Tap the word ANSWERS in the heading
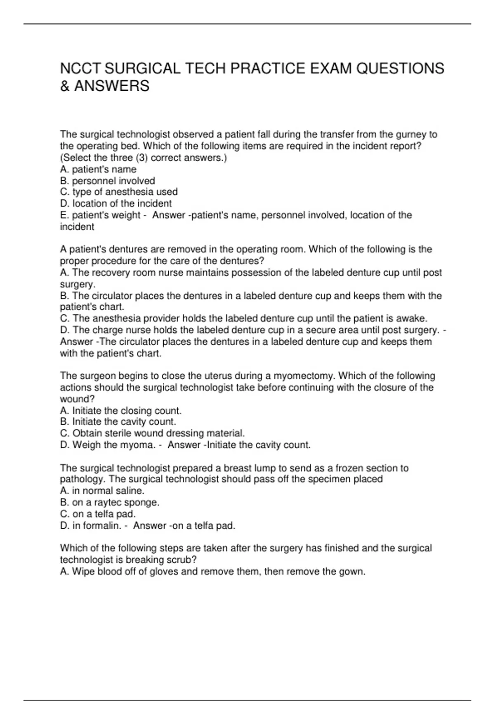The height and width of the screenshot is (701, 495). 112,86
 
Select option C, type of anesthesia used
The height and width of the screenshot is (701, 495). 119,192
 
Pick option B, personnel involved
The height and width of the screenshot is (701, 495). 107,181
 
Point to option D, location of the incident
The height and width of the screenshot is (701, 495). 115,203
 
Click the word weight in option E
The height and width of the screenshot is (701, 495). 126,215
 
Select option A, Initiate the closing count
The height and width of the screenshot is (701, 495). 120,411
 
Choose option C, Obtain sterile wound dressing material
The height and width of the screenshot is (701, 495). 152,433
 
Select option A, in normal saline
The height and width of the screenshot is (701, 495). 102,491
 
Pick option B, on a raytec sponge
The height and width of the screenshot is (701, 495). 110,502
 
